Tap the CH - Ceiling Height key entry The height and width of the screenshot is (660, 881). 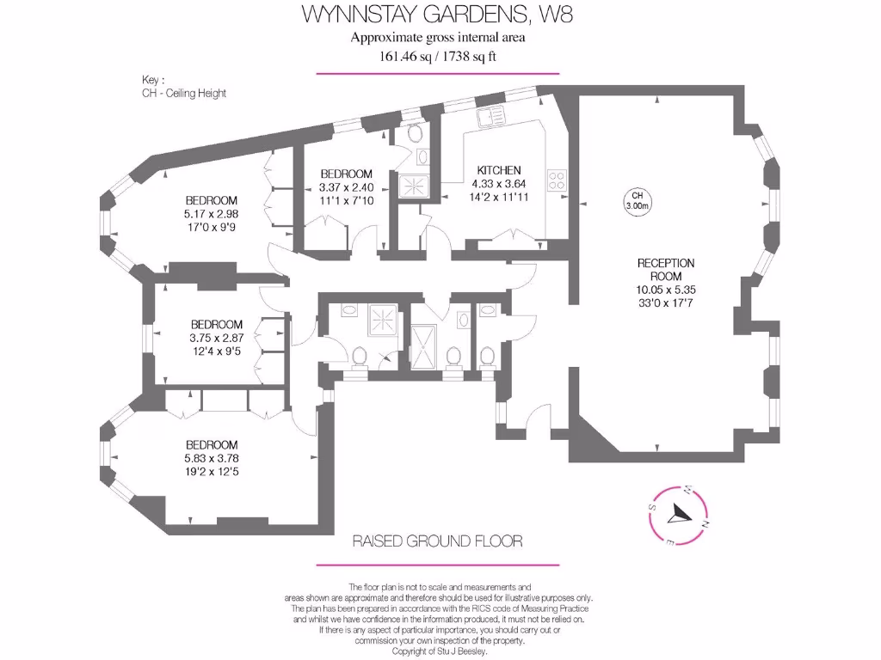pos(184,93)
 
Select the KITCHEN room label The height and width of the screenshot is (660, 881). pos(497,170)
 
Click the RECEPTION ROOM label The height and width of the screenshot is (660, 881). pos(665,270)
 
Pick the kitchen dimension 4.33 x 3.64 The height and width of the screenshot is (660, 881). pos(497,183)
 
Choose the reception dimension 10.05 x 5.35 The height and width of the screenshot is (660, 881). pos(665,290)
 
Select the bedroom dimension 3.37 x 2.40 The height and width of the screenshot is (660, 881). pos(346,187)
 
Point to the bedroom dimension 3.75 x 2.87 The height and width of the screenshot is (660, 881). pos(216,338)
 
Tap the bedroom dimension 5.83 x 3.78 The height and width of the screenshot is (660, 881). pos(212,458)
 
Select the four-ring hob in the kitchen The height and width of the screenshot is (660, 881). pos(557,180)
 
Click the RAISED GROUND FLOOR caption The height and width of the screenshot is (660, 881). pos(438,541)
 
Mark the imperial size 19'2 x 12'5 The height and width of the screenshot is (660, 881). pos(212,471)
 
